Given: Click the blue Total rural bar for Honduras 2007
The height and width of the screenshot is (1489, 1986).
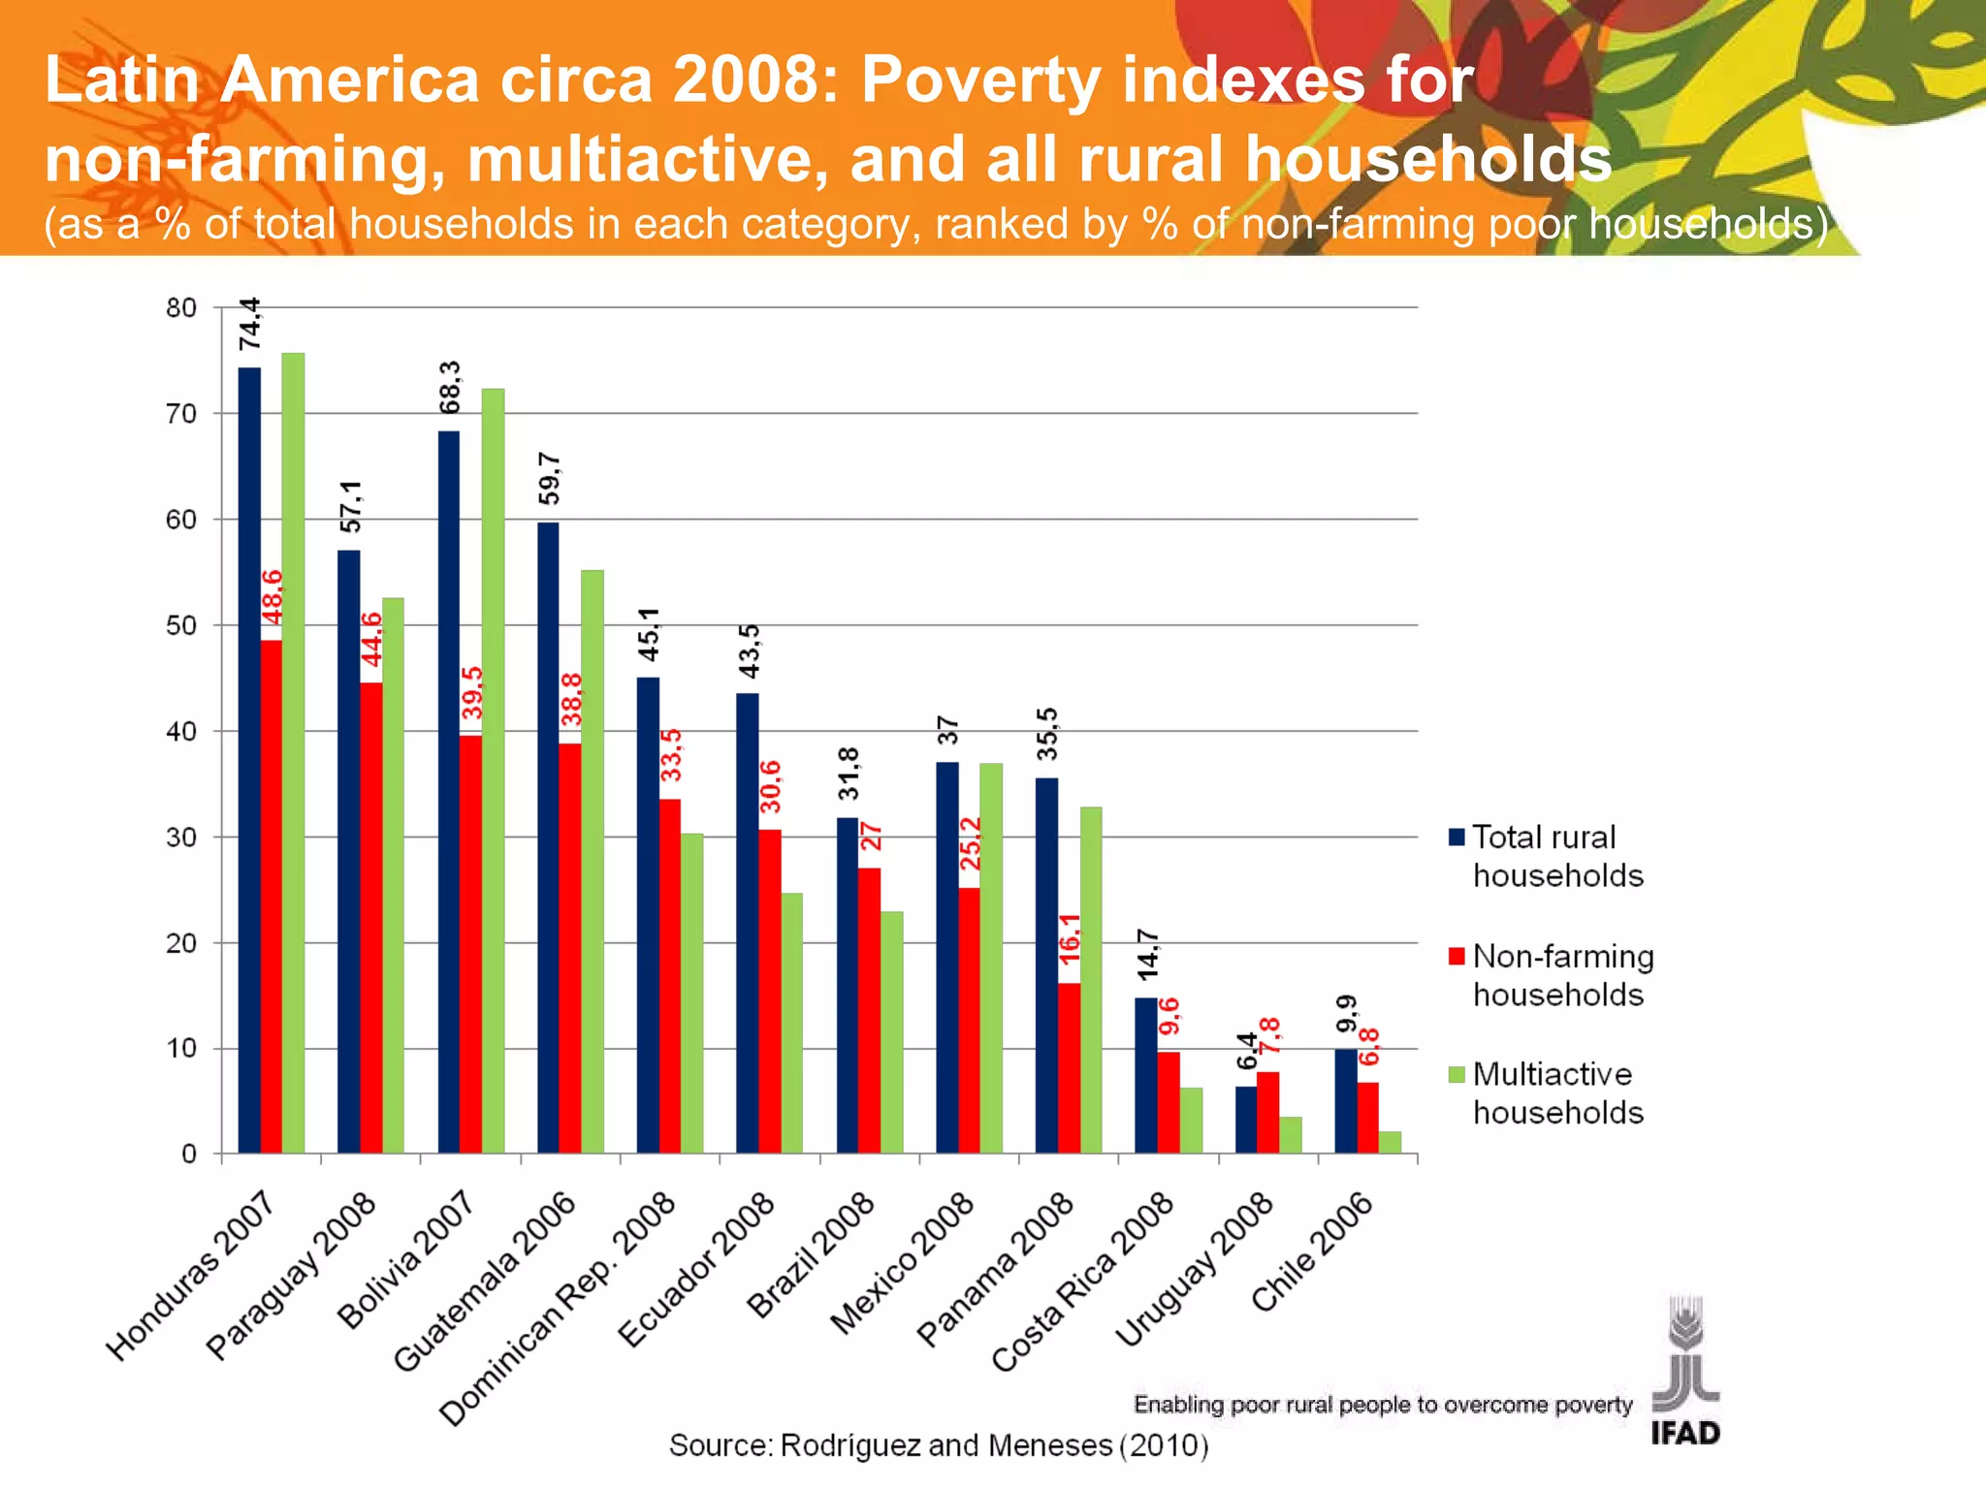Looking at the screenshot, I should [249, 761].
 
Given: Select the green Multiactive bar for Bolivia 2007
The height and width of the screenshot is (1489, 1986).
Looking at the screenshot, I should [493, 771].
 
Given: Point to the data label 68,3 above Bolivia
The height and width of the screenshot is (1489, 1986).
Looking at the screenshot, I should [450, 387].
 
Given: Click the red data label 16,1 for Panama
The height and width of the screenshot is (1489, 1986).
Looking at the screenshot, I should [1070, 937].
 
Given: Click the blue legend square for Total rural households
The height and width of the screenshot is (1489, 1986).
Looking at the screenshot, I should [1457, 837].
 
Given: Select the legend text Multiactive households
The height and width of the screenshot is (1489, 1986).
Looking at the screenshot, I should [1557, 1093].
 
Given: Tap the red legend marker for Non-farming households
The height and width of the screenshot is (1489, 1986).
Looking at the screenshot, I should [1457, 956].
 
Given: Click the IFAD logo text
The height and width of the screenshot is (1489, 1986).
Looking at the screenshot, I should [1685, 1433].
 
